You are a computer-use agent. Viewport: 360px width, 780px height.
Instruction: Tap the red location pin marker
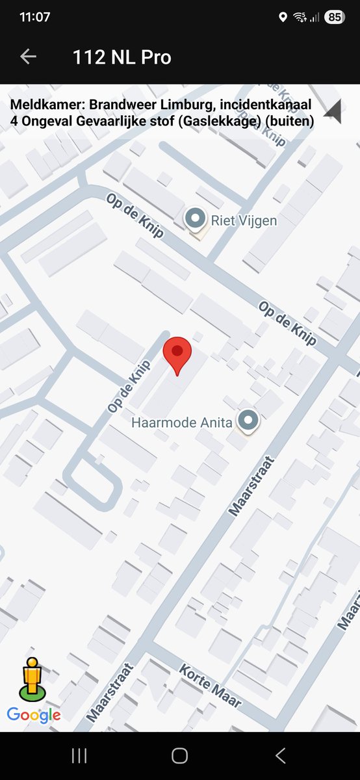pos(177,353)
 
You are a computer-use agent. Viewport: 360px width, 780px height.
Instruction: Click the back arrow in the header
pos(28,57)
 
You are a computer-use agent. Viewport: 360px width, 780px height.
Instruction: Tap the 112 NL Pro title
pos(122,57)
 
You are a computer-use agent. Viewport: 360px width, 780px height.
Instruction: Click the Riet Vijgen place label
pos(244,220)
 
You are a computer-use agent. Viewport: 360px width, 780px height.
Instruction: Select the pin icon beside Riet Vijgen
pos(194,219)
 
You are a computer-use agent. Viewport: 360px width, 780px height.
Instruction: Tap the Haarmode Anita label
pos(181,422)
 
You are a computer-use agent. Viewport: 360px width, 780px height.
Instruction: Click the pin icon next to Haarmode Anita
pos(248,421)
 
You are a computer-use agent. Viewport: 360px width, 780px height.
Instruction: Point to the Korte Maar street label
pos(210,686)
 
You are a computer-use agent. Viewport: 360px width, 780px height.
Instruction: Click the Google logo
pos(34,716)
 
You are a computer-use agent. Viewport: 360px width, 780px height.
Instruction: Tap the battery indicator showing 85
pos(335,18)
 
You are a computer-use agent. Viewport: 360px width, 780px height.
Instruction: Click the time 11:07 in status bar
pos(34,18)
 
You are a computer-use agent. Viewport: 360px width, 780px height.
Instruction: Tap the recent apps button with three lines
pos(79,755)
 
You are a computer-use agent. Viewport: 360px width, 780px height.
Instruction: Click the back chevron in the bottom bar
pos(281,755)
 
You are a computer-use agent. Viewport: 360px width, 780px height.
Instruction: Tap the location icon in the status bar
pos(283,18)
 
